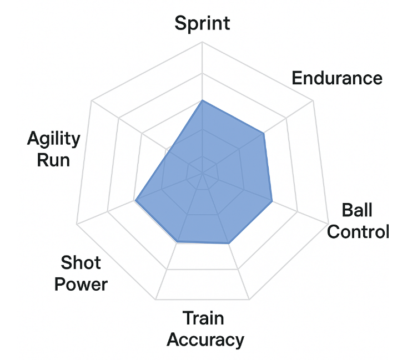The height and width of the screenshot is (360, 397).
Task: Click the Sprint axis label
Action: pyautogui.click(x=202, y=23)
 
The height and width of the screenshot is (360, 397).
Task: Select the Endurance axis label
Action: pyautogui.click(x=337, y=78)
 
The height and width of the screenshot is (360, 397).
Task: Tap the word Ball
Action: pyautogui.click(x=357, y=211)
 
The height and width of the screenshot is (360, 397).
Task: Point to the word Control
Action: pyautogui.click(x=358, y=231)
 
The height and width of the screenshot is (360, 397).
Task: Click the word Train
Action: pyautogui.click(x=203, y=318)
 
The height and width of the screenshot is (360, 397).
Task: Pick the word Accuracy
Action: pyautogui.click(x=205, y=339)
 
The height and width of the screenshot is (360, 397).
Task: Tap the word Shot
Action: pyautogui.click(x=81, y=262)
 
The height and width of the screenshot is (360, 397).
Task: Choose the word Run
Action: pyautogui.click(x=53, y=160)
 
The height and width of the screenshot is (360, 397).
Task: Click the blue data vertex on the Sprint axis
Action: pyautogui.click(x=202, y=100)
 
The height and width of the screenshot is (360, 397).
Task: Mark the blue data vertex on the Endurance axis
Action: pyautogui.click(x=263, y=133)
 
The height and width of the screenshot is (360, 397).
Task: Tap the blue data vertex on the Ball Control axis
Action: pyautogui.click(x=272, y=201)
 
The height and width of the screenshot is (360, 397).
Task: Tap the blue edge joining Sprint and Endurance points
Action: pyautogui.click(x=233, y=117)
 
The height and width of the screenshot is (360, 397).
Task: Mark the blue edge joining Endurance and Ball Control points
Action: pyautogui.click(x=267, y=167)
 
